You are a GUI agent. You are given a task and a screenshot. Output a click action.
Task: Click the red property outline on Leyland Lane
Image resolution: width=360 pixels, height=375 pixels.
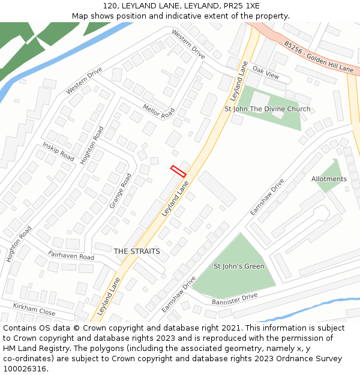point(178,171)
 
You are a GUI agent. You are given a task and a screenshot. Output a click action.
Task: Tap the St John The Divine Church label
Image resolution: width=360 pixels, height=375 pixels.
point(267,109)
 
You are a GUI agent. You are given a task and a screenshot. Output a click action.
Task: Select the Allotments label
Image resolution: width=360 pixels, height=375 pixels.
point(329,179)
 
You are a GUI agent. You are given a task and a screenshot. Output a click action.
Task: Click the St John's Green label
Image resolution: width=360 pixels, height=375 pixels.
point(239,266)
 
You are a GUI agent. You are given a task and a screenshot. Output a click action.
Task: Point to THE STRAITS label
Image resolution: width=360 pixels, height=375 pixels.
point(137,251)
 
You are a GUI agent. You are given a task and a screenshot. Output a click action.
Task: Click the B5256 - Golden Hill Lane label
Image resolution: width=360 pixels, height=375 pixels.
point(319,57)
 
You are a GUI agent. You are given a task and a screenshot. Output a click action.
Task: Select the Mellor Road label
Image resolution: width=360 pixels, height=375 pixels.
point(158,110)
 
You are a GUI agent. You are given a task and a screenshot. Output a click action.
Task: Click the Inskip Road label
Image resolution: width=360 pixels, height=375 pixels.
point(58,152)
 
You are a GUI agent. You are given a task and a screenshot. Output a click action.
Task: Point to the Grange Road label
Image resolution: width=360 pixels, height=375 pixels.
point(121,191)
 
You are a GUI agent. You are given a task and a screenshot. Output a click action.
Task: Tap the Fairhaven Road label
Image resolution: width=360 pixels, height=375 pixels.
point(71,256)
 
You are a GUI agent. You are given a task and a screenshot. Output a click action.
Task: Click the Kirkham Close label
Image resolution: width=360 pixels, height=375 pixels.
point(34,310)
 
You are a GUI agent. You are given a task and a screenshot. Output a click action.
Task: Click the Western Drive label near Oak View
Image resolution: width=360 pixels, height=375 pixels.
point(188,44)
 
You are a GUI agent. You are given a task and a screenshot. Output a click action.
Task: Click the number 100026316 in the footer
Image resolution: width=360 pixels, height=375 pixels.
point(25,369)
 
